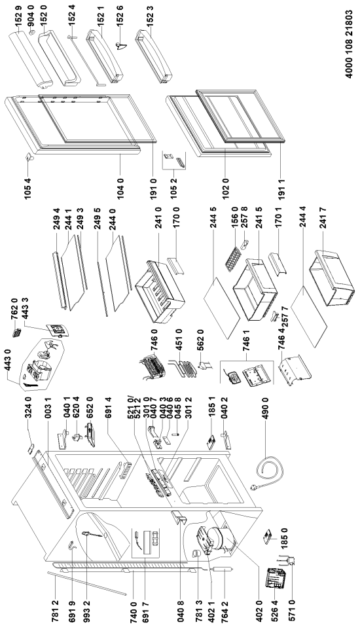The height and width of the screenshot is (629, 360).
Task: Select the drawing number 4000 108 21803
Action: tap(349, 45)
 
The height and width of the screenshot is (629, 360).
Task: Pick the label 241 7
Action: tap(323, 218)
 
